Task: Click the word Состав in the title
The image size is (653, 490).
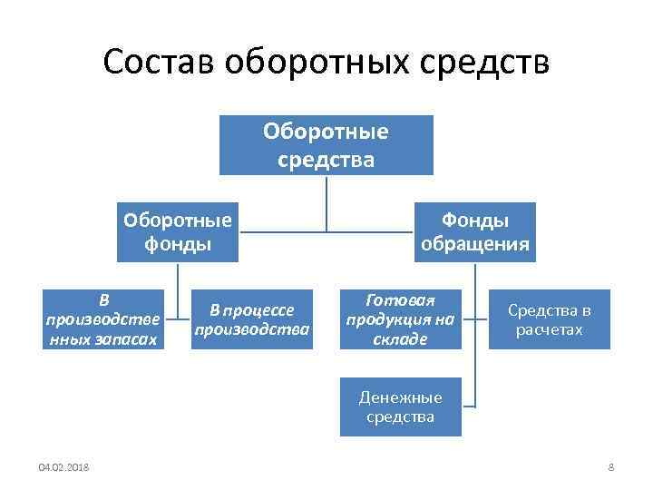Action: click(x=159, y=64)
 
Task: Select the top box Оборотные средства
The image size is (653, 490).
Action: click(x=326, y=145)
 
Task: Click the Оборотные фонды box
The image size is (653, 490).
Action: click(x=178, y=231)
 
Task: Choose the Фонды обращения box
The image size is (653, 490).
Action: click(x=475, y=231)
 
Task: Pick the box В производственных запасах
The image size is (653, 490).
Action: click(x=104, y=319)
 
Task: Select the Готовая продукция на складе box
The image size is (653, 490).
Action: click(x=400, y=319)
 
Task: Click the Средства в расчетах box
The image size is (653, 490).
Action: click(x=550, y=319)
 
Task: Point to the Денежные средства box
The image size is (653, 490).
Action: click(x=400, y=407)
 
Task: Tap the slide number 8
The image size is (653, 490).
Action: click(x=610, y=467)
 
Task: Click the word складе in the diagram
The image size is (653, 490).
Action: click(x=400, y=339)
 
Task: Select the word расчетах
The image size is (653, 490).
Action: click(x=550, y=330)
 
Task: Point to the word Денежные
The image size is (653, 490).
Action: click(x=400, y=397)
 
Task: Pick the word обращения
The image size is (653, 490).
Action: click(x=475, y=243)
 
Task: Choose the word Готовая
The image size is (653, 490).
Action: click(x=400, y=299)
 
